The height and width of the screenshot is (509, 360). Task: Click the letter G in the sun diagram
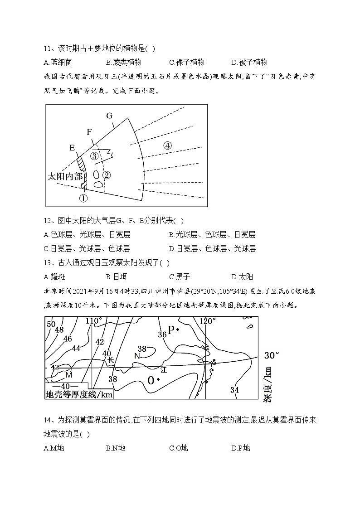pos(109,116)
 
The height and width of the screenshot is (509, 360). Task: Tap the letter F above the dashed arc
pos(89,132)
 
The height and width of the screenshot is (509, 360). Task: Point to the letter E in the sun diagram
pos(72,148)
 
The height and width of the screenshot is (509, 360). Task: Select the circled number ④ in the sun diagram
pos(168,145)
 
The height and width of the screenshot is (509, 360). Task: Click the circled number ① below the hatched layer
pos(83,198)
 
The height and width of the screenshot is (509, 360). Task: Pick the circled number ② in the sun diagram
pos(107,175)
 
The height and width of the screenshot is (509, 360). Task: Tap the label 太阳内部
pos(65,176)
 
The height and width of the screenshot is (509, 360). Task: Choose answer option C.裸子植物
pos(186,63)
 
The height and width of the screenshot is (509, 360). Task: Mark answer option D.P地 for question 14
pos(240,448)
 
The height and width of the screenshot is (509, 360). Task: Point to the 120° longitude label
pos(207,321)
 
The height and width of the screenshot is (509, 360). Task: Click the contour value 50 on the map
pos(51,324)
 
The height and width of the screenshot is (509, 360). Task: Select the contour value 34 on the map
pos(234,390)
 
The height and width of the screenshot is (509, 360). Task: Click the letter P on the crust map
pos(171,330)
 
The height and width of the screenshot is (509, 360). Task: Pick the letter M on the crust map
pos(69,375)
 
